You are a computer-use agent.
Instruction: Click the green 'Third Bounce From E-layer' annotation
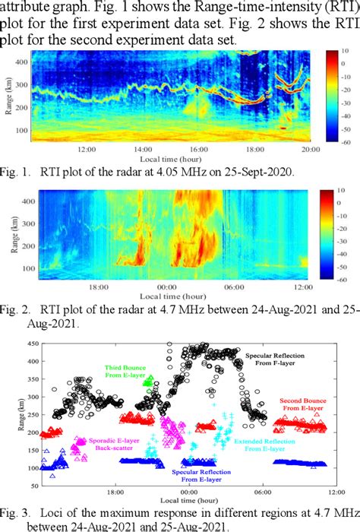[127, 370]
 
